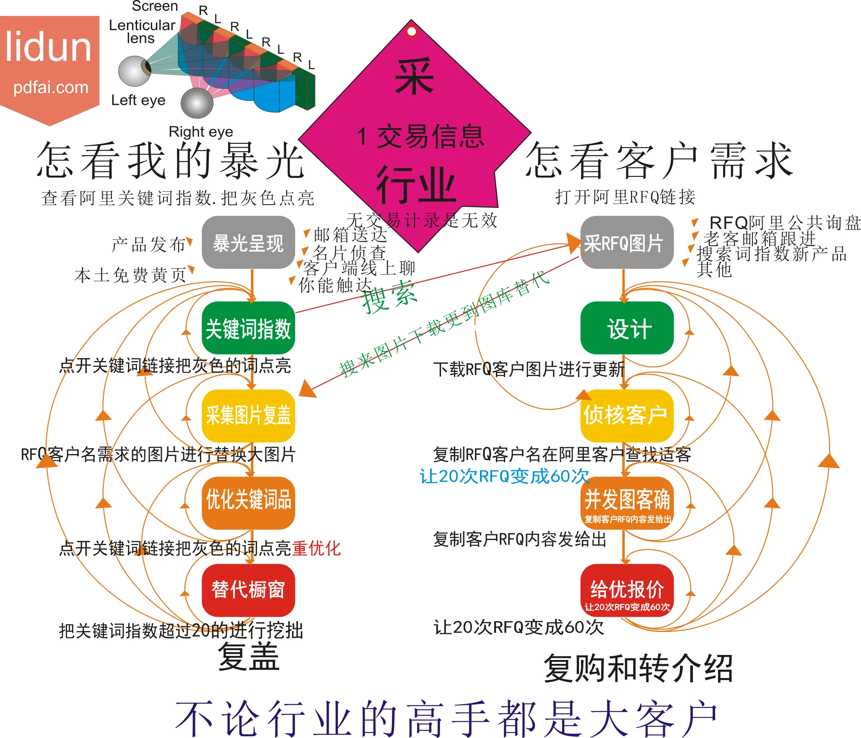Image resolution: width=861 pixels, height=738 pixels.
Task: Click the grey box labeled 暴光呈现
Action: pos(248,243)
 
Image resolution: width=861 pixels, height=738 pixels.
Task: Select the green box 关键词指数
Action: pos(248,328)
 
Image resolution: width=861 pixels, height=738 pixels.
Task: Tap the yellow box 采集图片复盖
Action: pos(248,416)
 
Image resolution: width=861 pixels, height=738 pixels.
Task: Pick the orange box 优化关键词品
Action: pos(248,503)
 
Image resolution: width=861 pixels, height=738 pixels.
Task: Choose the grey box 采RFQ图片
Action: pos(627,243)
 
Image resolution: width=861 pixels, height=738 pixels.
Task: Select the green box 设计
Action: pos(627,328)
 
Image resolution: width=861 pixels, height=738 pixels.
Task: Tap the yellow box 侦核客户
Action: pos(627,416)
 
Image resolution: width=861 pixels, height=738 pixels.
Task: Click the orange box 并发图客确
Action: pos(627,503)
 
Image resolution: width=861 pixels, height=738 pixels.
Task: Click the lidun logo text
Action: pos(48,47)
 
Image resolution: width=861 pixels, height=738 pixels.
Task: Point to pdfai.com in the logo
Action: pos(51,87)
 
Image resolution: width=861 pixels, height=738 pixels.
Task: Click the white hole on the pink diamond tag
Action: pos(412,31)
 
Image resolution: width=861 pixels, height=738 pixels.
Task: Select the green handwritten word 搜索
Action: pos(389,297)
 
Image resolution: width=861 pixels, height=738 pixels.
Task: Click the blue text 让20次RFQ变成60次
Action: pos(504,476)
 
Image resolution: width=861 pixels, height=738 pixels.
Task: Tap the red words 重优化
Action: pos(316,548)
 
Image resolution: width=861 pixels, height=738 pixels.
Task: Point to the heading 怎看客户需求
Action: pos(659,161)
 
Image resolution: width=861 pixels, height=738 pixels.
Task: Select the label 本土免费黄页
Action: pos(130,275)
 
